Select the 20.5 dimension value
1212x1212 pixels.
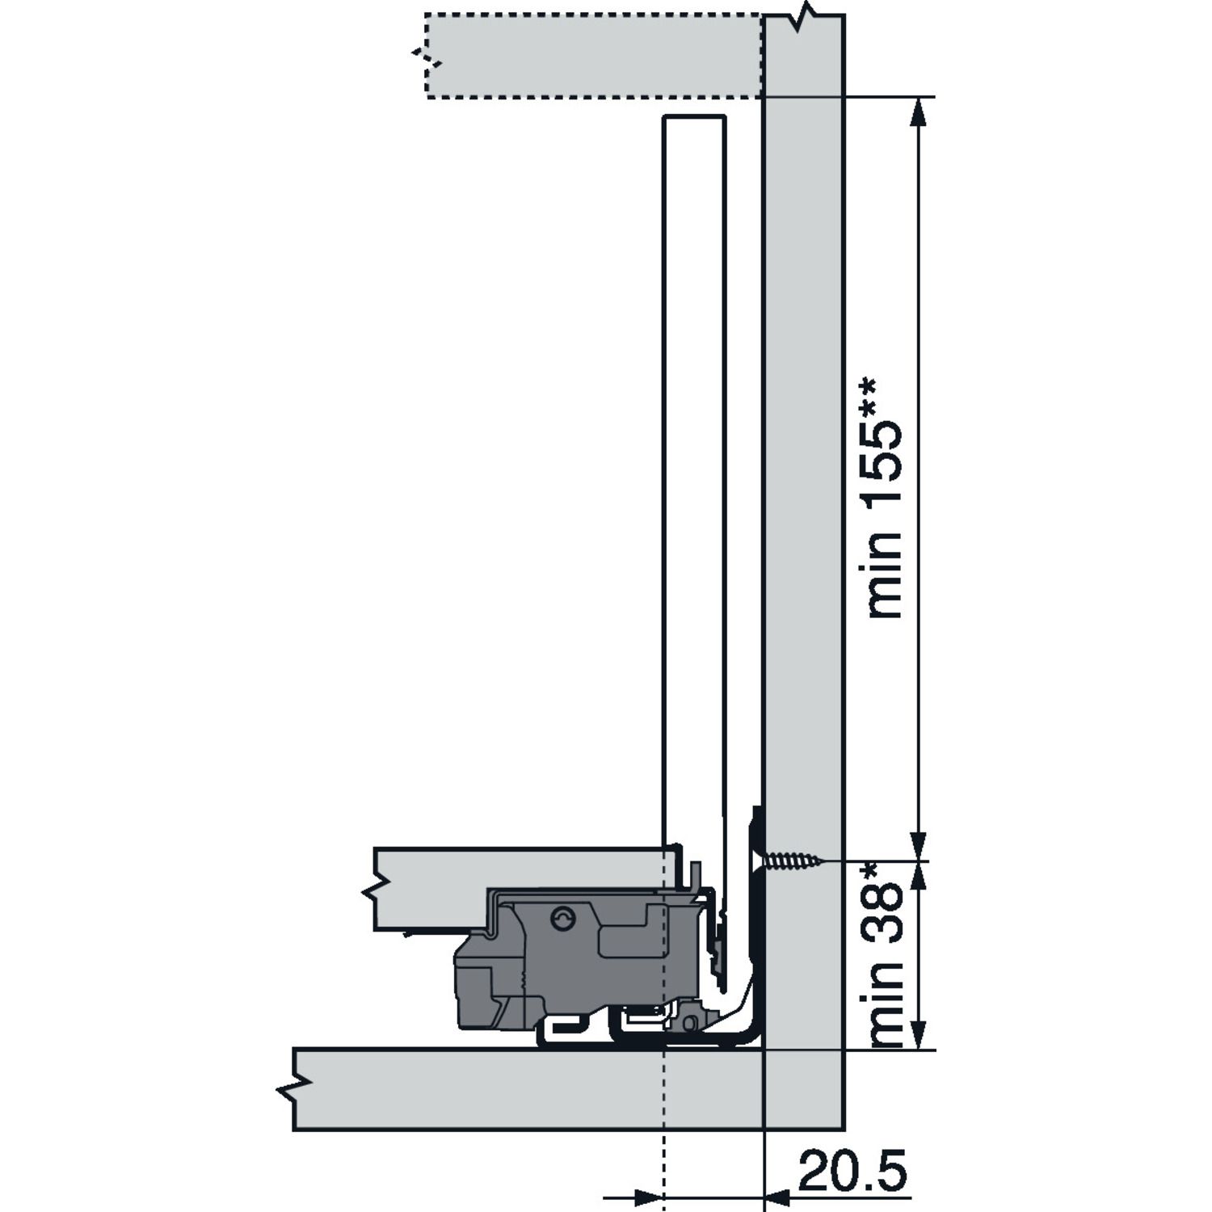click(x=852, y=1170)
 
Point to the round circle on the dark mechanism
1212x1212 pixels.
click(x=562, y=919)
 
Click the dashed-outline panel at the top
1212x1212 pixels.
click(x=594, y=55)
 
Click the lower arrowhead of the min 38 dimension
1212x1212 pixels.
click(x=917, y=1033)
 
